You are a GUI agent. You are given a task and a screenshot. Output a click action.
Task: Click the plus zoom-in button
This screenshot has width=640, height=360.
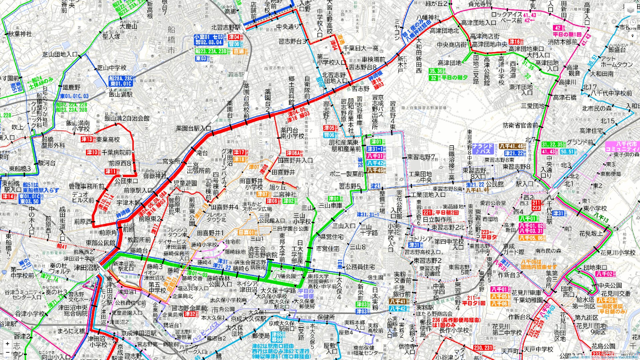(7, 343)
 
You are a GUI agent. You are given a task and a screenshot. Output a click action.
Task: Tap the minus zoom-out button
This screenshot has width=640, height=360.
(7, 352)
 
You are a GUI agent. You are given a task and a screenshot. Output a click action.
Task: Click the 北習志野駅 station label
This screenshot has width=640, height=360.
(226, 27)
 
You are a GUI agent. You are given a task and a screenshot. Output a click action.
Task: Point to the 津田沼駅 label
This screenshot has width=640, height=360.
(87, 267)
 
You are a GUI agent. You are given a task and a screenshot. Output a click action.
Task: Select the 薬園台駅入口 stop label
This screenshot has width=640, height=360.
(194, 128)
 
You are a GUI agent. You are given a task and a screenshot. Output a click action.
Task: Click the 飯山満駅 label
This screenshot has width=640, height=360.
(121, 94)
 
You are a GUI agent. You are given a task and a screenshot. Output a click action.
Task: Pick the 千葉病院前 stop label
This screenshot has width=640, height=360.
(116, 152)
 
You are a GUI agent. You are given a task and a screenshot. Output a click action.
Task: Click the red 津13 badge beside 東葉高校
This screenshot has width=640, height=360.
(87, 139)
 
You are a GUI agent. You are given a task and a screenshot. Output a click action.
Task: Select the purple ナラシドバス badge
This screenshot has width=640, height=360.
(483, 149)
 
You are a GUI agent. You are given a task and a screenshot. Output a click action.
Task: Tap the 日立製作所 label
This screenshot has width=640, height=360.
(437, 220)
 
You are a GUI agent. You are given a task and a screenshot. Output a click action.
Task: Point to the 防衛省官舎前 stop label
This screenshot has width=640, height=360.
(520, 125)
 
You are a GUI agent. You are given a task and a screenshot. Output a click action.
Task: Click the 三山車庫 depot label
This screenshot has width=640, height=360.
(330, 206)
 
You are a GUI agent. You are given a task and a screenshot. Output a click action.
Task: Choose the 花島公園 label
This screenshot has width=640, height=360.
(603, 346)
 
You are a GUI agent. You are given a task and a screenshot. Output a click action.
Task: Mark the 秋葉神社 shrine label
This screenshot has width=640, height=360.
(20, 34)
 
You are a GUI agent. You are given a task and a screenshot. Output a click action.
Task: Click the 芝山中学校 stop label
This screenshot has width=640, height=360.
(112, 68)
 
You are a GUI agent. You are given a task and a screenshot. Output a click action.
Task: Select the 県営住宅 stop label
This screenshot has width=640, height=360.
(332, 237)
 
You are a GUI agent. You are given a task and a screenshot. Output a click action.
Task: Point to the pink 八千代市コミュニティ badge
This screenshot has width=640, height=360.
(622, 147)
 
